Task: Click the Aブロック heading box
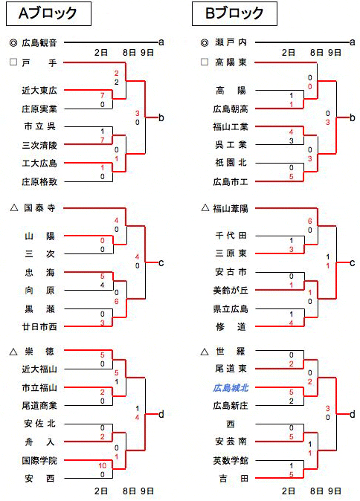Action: (x=48, y=13)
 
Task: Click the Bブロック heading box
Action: (x=234, y=13)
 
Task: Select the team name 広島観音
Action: (x=39, y=42)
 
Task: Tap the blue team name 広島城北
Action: (x=231, y=388)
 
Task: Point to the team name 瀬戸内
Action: (x=231, y=42)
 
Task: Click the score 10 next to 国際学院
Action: (x=102, y=465)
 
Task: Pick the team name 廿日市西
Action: (x=39, y=327)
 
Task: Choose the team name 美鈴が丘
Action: (x=231, y=290)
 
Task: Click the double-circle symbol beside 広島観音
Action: (x=13, y=42)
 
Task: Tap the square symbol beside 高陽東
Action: (x=205, y=62)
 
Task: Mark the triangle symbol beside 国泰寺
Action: (x=13, y=208)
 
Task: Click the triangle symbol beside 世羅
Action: (x=205, y=352)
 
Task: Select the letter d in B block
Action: (x=353, y=415)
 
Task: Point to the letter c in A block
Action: (x=161, y=263)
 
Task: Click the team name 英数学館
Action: (x=231, y=460)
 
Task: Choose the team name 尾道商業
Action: (x=39, y=406)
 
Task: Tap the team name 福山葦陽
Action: (x=231, y=209)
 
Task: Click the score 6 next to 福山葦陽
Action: (x=309, y=221)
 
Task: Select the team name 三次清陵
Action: (x=39, y=146)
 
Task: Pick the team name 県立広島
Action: (x=231, y=309)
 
